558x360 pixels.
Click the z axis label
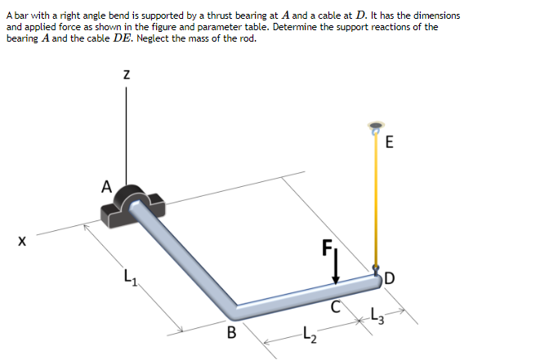click(126, 73)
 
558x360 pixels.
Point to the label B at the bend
click(231, 333)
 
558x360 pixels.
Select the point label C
click(333, 307)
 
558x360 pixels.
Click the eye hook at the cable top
click(375, 128)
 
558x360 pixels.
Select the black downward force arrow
click(335, 270)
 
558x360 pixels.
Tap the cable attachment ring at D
click(377, 269)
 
